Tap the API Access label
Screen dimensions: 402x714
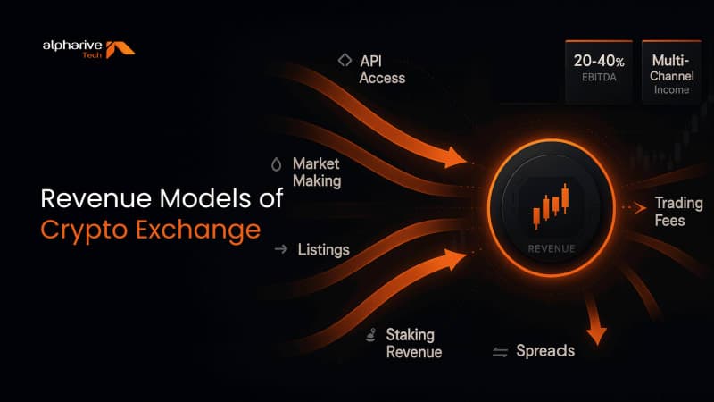[x=382, y=69]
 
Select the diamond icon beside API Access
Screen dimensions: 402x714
[x=343, y=61]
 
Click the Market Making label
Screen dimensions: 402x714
[x=316, y=172]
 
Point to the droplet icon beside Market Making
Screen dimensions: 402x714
[x=275, y=164]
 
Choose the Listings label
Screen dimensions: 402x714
[x=323, y=248]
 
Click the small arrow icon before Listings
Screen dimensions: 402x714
[x=280, y=249]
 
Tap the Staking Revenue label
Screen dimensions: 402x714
[x=413, y=342]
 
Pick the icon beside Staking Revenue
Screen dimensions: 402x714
[x=370, y=336]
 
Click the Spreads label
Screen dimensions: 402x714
[x=545, y=350]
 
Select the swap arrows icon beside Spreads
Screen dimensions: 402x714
[x=500, y=352]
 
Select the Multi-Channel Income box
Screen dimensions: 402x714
[x=675, y=71]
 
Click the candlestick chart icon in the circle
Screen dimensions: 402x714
[x=550, y=205]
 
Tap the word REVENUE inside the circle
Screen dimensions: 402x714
[x=551, y=247]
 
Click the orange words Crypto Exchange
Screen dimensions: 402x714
[x=151, y=230]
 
